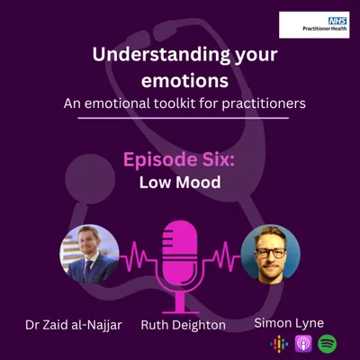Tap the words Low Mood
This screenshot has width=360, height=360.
pyautogui.click(x=180, y=181)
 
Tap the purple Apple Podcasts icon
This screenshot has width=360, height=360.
pyautogui.click(x=302, y=343)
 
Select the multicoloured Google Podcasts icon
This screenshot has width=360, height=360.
pyautogui.click(x=278, y=343)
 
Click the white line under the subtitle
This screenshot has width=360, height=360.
pyautogui.click(x=180, y=118)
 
